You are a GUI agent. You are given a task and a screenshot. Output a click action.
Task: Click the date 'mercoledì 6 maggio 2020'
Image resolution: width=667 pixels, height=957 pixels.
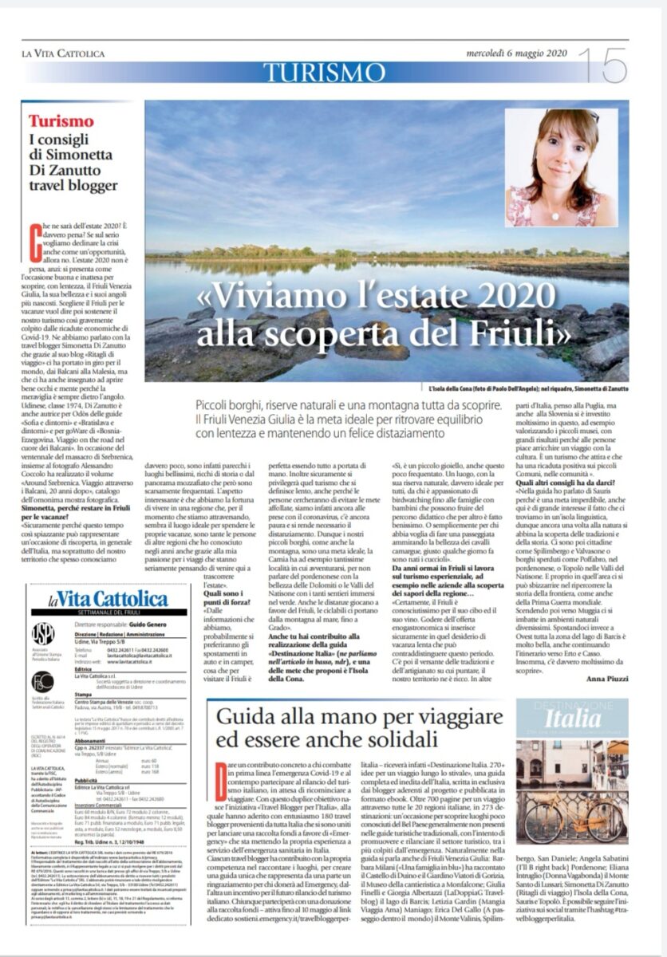pyautogui.click(x=516, y=53)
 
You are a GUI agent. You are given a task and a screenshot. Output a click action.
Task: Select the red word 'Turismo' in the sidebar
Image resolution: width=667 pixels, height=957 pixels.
pyautogui.click(x=61, y=121)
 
